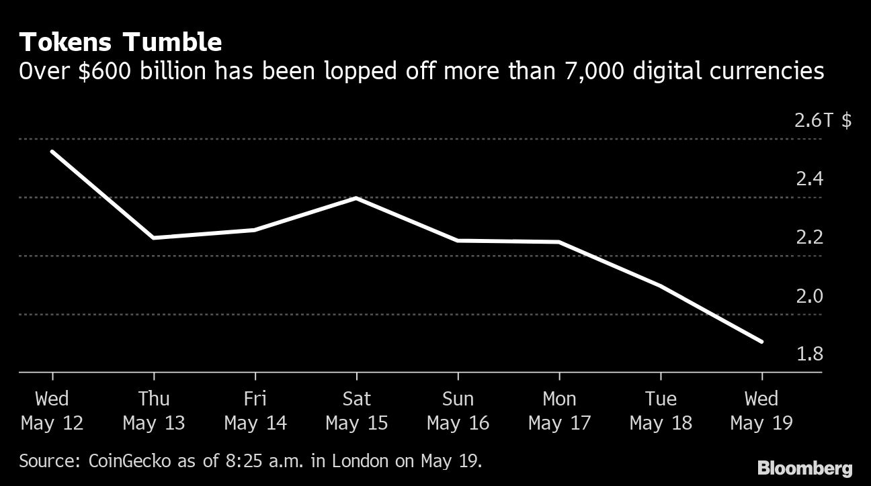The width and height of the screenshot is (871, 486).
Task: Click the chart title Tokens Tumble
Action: [121, 42]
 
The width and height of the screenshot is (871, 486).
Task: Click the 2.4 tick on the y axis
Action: [809, 179]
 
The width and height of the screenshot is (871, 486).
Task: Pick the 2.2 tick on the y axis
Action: [809, 238]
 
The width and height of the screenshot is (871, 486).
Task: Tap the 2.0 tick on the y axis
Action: [809, 296]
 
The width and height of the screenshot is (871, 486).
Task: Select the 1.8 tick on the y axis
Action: [809, 354]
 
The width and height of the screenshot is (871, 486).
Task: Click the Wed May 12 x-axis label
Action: [52, 411]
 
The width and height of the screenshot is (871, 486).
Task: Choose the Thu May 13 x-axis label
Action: [153, 411]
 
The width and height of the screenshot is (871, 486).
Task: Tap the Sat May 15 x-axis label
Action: [356, 411]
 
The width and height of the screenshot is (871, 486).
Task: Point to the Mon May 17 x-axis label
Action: [559, 411]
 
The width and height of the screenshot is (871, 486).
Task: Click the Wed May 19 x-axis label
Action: [761, 411]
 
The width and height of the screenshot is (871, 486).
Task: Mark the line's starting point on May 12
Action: [52, 152]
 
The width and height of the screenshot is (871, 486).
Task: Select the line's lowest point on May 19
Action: [761, 342]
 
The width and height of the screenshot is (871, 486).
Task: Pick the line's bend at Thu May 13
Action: [154, 238]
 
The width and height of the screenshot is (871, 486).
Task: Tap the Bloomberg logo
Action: [804, 468]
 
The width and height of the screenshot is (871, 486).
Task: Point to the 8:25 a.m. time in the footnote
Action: [256, 461]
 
